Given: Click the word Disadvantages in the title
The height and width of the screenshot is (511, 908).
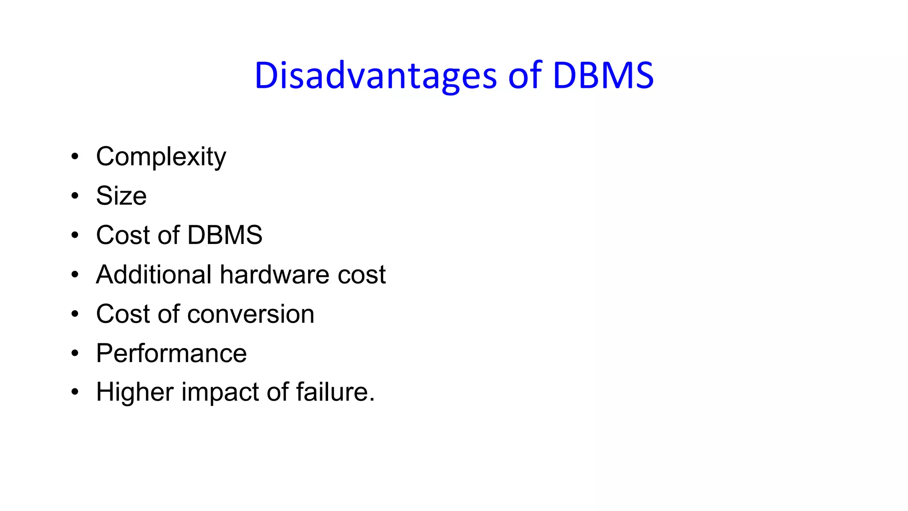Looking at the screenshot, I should point(375,76).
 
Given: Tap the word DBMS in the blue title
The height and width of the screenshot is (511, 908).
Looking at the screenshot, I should point(603,76).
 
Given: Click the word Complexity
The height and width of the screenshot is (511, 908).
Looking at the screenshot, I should point(161,157).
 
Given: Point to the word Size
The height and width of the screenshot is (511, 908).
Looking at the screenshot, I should point(121,196).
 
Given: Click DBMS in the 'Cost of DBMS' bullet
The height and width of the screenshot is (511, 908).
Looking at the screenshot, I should point(224,235).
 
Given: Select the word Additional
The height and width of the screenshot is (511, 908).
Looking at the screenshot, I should point(153,275).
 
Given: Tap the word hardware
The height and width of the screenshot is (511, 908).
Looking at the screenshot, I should point(274,275).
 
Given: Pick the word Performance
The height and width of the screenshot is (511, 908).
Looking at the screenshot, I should point(171,354).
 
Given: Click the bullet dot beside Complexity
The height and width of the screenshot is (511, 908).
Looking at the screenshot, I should point(75,157).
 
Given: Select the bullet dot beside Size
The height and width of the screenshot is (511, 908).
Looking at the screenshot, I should point(75,196).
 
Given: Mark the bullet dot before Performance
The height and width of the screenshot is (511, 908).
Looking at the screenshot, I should point(75,353).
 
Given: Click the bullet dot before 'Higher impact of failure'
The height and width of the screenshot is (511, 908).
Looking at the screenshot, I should point(75,392).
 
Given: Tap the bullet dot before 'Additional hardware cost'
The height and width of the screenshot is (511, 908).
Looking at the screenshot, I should point(75,275).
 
